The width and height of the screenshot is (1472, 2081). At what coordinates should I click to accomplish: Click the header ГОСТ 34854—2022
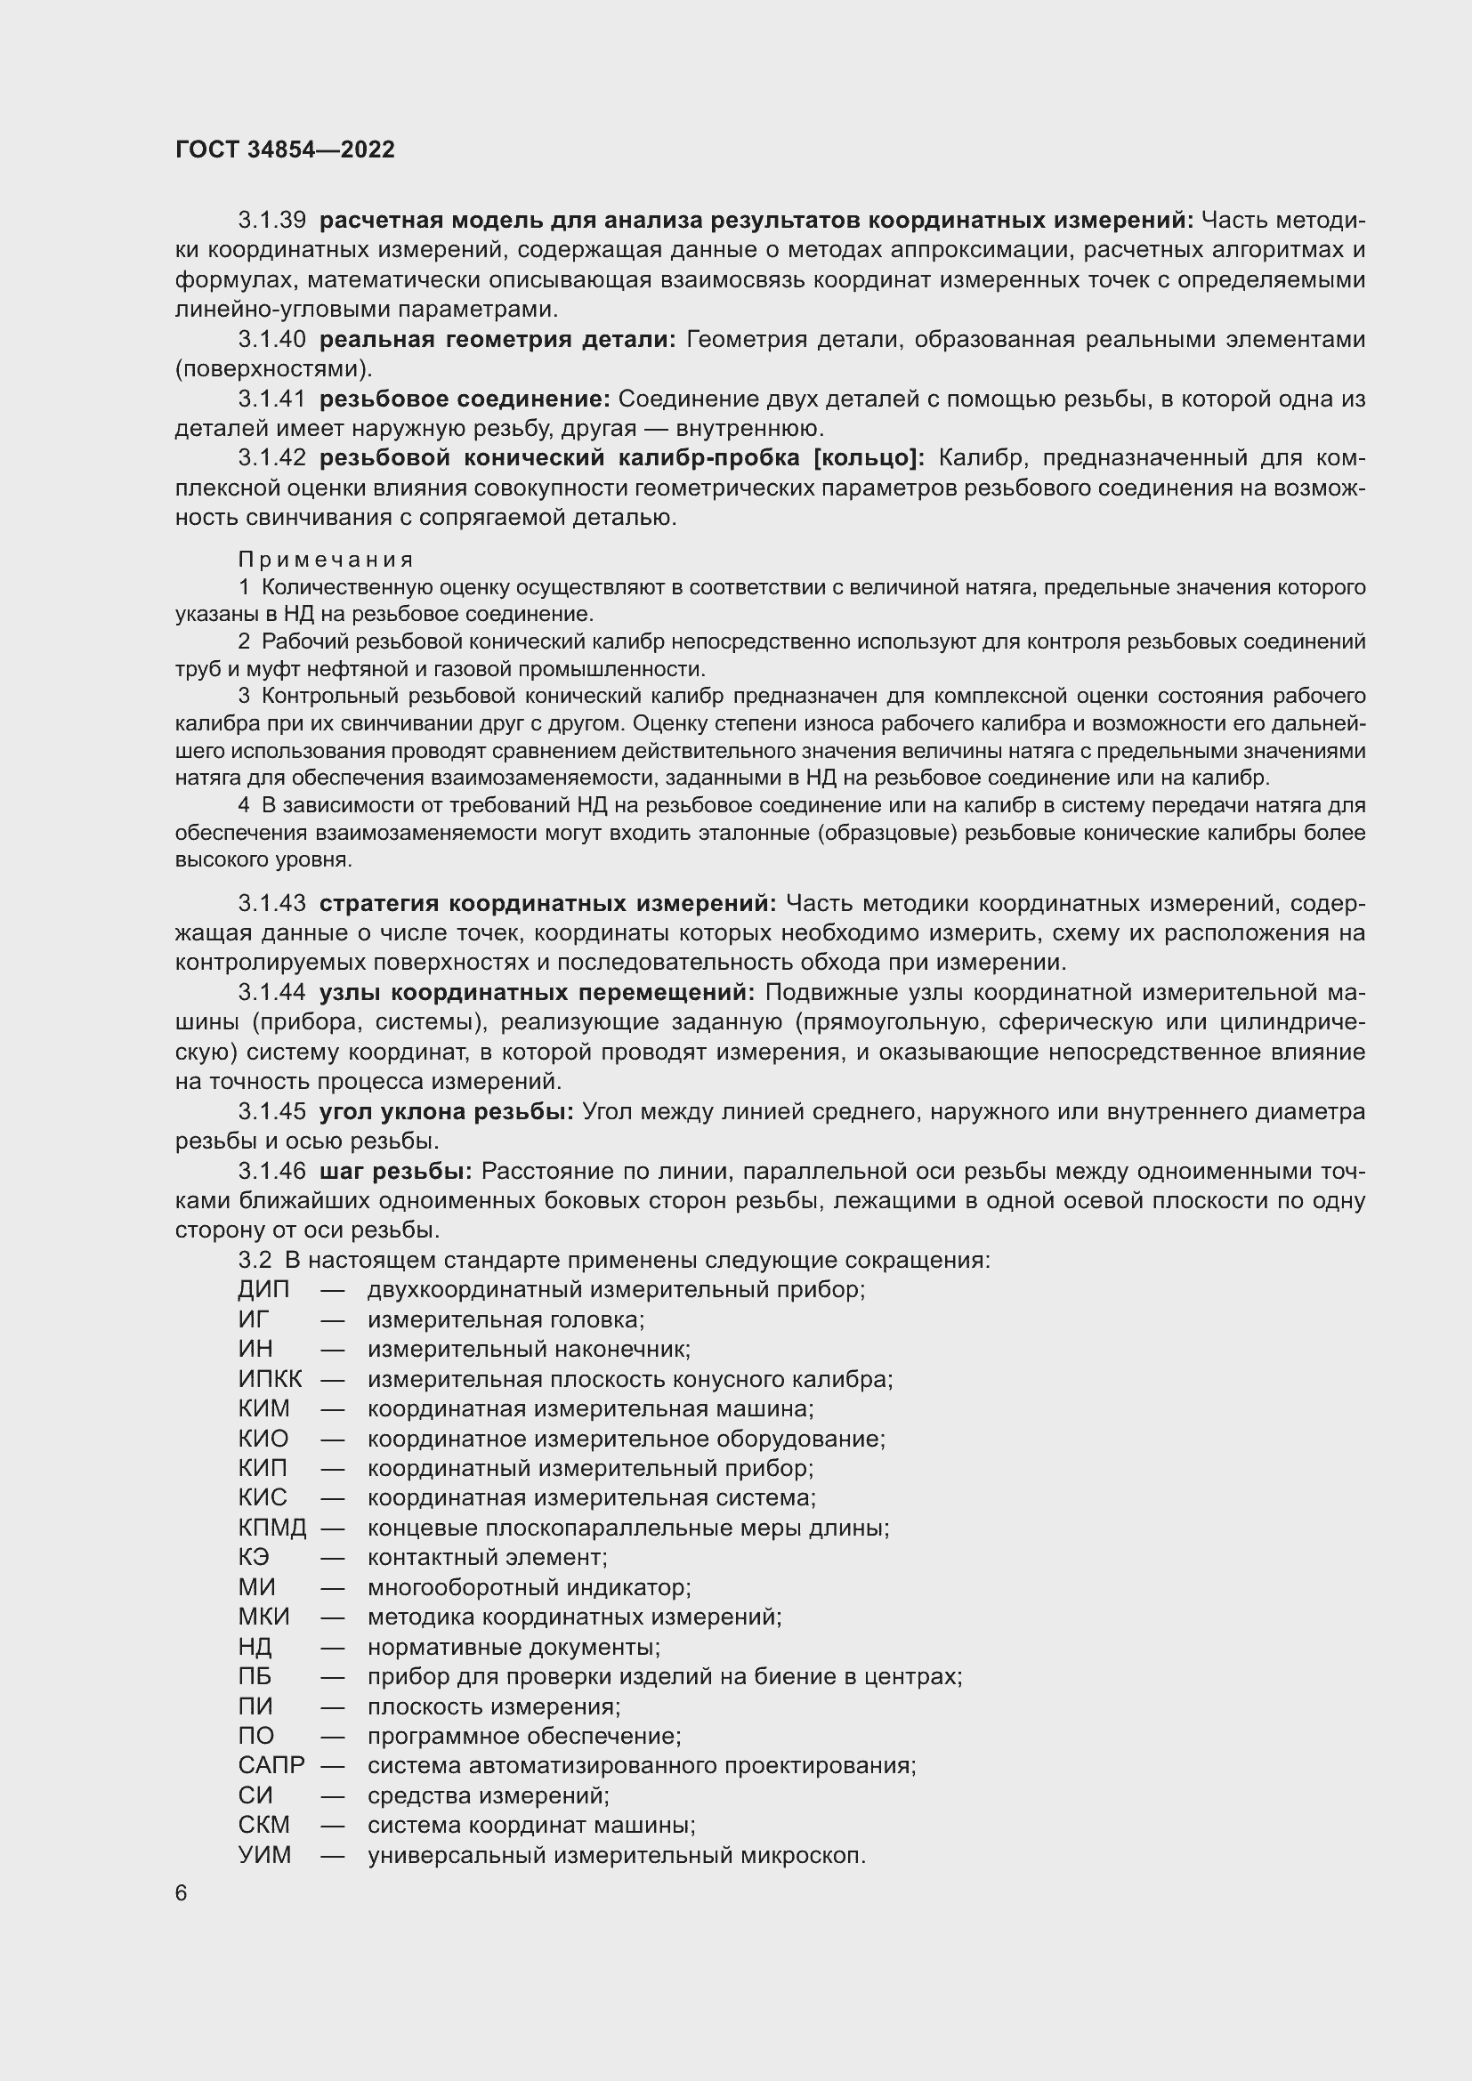click(x=285, y=149)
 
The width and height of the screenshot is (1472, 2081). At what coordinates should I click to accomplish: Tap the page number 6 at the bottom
click(x=182, y=1893)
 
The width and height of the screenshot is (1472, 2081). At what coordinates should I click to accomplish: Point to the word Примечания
click(x=327, y=561)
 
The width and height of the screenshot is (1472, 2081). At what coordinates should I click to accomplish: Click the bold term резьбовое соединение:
click(x=465, y=399)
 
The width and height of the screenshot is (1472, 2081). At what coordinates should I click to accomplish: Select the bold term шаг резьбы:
click(x=395, y=1172)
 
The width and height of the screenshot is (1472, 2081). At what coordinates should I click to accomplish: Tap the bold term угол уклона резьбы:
click(x=446, y=1112)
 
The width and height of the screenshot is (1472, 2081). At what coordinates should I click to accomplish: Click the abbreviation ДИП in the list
click(x=263, y=1290)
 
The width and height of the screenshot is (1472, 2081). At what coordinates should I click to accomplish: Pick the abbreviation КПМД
click(x=272, y=1528)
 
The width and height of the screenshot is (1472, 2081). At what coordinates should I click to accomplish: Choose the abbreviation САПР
click(x=271, y=1765)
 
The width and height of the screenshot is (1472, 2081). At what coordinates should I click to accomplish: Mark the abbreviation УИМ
click(x=264, y=1855)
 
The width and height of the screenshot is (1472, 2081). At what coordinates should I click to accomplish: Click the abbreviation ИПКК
click(x=271, y=1380)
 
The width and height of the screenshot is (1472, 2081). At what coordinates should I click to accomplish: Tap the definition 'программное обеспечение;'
click(x=524, y=1736)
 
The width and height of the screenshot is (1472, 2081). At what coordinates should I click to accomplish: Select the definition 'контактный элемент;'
click(x=487, y=1557)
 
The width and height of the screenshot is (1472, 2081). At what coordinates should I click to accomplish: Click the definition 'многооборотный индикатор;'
click(x=530, y=1587)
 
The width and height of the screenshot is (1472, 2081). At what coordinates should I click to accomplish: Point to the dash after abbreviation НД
click(x=333, y=1647)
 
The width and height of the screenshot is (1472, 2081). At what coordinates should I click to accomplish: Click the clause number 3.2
click(x=255, y=1261)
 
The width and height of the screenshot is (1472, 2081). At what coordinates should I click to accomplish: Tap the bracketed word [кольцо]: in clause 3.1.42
click(x=869, y=458)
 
